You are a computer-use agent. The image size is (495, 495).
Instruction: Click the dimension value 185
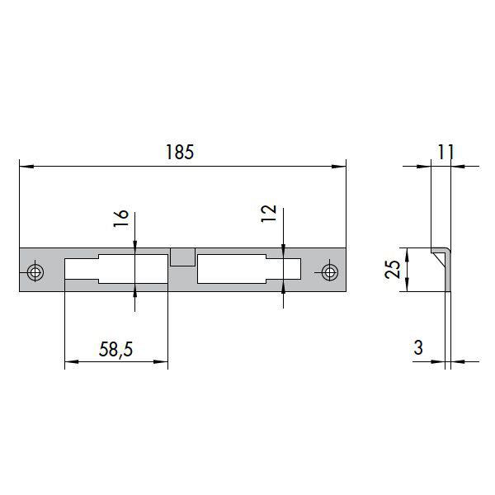(179, 153)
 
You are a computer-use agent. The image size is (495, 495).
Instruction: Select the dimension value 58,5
(116, 349)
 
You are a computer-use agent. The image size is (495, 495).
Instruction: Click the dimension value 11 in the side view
(445, 152)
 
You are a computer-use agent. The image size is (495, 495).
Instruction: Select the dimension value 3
(418, 348)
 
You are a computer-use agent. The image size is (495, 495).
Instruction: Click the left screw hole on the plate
(35, 271)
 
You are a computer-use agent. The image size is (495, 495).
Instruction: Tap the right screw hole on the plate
(330, 271)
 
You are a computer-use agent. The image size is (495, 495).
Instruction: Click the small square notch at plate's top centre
(181, 257)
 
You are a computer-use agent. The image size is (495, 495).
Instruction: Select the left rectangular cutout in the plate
(115, 269)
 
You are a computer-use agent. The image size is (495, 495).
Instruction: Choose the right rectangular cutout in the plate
(247, 269)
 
